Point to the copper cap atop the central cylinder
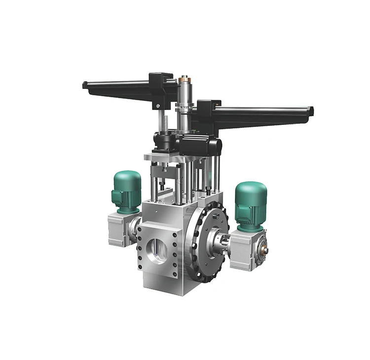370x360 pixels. (185, 78)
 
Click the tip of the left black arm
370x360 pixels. (85, 85)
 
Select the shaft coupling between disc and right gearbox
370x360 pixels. (221, 241)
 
